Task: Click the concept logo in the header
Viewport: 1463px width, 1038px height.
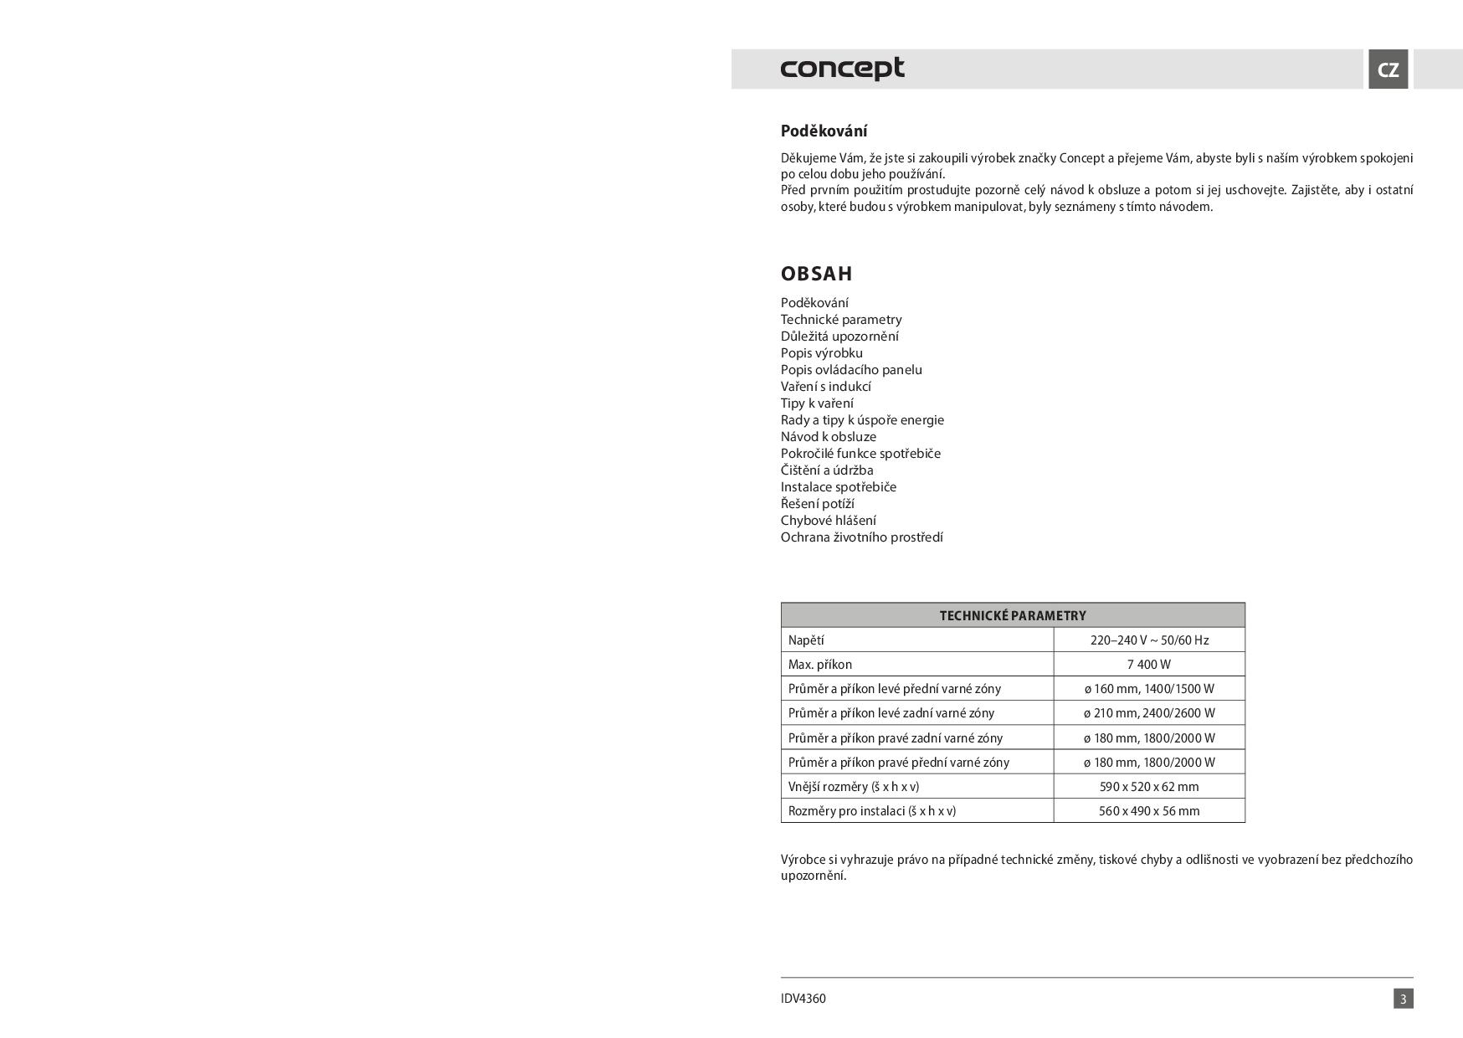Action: pos(842,69)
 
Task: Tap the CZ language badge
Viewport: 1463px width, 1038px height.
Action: pos(1388,69)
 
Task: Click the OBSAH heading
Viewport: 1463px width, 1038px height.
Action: pos(816,274)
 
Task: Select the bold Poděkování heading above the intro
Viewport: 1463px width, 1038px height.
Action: pos(824,131)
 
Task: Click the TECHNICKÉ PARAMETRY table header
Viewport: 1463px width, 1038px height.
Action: pos(1013,615)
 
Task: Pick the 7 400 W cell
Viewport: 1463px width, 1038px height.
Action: pos(1148,665)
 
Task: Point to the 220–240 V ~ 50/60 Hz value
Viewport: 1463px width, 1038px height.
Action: pos(1148,640)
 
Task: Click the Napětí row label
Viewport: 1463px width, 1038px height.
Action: pos(806,640)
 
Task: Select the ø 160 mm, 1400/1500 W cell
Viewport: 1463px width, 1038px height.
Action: pos(1148,689)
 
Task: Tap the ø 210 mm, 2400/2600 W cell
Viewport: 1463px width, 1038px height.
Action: pos(1148,713)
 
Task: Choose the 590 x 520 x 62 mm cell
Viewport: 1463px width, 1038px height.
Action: pos(1148,787)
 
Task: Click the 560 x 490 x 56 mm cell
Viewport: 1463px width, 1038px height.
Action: pos(1148,811)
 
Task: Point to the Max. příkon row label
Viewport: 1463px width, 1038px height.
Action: pos(820,665)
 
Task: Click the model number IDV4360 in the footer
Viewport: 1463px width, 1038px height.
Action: pos(803,999)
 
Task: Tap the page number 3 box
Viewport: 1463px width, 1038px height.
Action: pos(1403,999)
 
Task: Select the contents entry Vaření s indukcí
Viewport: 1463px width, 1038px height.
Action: pos(825,387)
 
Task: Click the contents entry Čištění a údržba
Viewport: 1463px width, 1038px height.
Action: pos(826,470)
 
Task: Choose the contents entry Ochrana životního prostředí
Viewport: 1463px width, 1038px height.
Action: pos(861,537)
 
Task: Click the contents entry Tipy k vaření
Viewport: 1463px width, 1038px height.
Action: pos(817,403)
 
